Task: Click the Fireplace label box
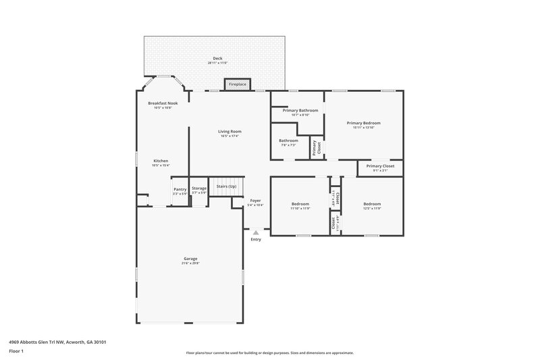pos(237,84)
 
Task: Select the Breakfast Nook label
pos(162,104)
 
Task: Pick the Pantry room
pos(180,191)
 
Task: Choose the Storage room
pos(198,190)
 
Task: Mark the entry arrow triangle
pos(256,232)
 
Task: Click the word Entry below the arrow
pos(256,240)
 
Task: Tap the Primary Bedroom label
pos(364,124)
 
